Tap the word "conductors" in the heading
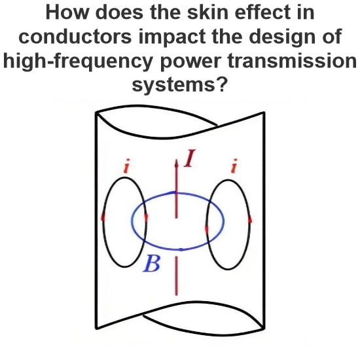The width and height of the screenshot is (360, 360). [x=75, y=37]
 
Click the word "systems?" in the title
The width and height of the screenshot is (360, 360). [x=180, y=85]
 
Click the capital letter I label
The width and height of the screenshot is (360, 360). [x=190, y=158]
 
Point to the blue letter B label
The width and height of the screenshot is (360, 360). [x=151, y=263]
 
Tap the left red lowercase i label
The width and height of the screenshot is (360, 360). [x=126, y=166]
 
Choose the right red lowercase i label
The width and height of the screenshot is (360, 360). [x=234, y=166]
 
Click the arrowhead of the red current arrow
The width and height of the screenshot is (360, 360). [x=176, y=163]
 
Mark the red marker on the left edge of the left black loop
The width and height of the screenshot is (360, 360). [x=103, y=217]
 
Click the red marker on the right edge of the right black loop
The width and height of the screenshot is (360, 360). [x=250, y=220]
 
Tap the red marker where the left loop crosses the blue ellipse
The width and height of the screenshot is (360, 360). [x=146, y=217]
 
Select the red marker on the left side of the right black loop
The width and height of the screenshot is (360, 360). [x=207, y=229]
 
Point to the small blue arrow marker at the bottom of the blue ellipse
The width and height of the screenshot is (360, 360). [x=181, y=249]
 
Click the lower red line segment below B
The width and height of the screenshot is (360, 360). [x=176, y=276]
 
